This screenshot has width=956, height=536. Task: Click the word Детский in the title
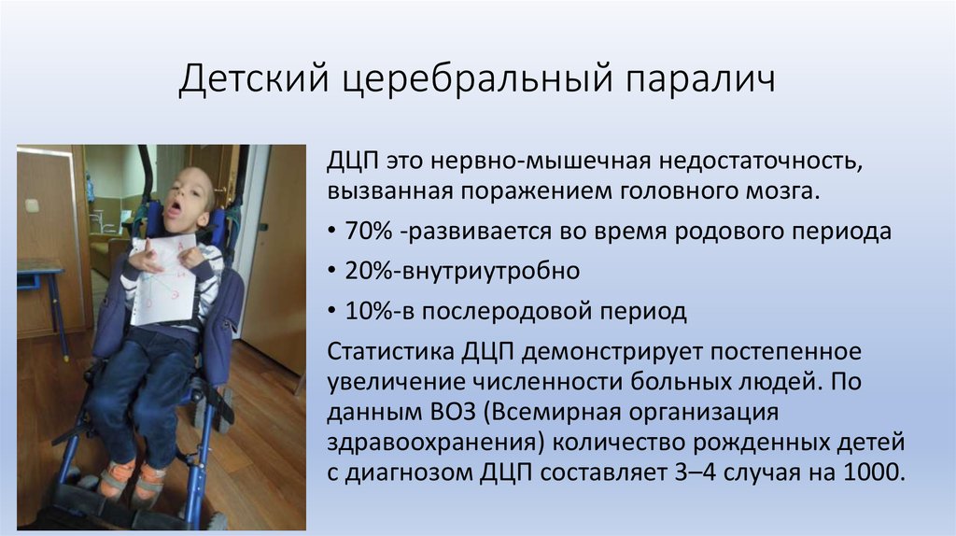point(254,80)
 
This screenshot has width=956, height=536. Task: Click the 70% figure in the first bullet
point(368,231)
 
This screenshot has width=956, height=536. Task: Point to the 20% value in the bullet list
point(368,271)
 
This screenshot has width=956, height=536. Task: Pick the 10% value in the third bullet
point(368,311)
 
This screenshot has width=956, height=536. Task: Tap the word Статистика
point(390,352)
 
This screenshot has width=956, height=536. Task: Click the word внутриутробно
point(489,271)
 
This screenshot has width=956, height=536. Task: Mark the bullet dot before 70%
point(331,232)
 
